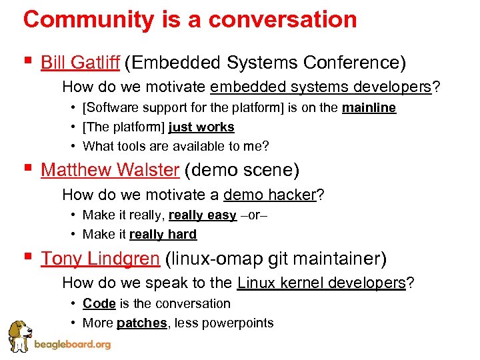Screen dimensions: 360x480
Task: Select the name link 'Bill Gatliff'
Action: (x=80, y=63)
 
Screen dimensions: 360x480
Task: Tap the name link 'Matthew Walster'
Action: (x=110, y=170)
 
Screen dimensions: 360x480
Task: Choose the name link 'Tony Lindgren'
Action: (x=100, y=258)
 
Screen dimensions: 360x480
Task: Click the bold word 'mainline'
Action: (x=369, y=108)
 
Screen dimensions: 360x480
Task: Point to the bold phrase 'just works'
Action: (x=201, y=127)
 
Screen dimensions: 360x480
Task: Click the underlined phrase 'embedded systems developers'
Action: (x=320, y=87)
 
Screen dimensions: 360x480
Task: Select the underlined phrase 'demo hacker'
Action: (x=269, y=195)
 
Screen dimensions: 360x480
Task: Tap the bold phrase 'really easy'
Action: (x=203, y=215)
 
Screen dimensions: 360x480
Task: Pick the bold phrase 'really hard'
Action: (x=163, y=234)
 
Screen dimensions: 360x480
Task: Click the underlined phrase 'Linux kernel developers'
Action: (x=321, y=283)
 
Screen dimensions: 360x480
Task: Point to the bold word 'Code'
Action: (x=99, y=303)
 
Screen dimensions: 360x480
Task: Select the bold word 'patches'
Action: (x=141, y=323)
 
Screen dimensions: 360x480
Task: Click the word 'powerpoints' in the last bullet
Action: (x=240, y=323)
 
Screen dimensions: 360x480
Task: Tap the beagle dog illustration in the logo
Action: (x=20, y=335)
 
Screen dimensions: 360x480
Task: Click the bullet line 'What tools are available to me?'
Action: (x=175, y=145)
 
